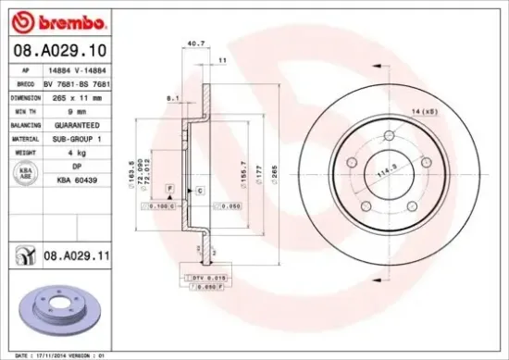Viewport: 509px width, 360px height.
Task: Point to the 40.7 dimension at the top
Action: (195, 42)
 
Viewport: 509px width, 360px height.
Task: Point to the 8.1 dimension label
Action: (171, 96)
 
